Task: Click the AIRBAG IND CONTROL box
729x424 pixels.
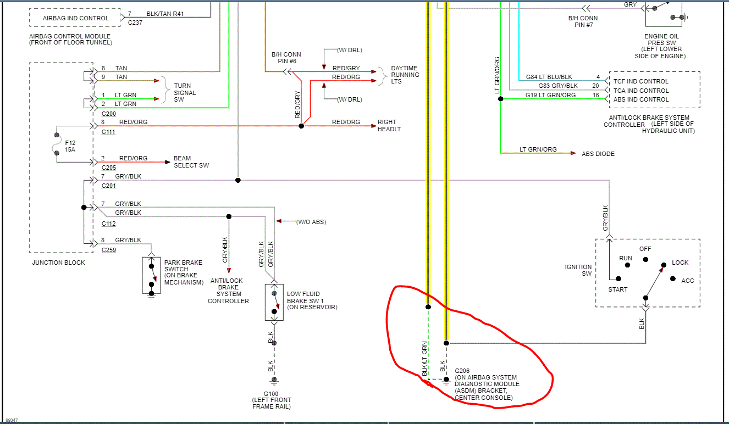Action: pos(75,18)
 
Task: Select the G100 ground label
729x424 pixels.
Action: pos(271,394)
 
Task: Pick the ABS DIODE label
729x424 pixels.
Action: pos(598,154)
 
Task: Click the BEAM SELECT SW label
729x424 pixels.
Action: pos(191,162)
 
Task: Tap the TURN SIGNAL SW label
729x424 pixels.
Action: pos(185,93)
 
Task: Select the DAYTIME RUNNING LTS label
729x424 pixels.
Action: pos(405,75)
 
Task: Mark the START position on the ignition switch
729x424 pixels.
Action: pos(617,289)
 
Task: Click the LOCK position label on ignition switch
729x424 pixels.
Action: pos(680,263)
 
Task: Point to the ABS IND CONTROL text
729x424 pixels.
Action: pos(640,99)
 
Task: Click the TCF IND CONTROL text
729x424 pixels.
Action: pos(640,81)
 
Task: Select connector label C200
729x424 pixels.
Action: pos(109,114)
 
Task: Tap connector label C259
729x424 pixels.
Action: pos(109,250)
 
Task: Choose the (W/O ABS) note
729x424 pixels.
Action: pos(311,222)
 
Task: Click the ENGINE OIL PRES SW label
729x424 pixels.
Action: pos(665,46)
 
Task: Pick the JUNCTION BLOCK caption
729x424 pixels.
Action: pos(58,263)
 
